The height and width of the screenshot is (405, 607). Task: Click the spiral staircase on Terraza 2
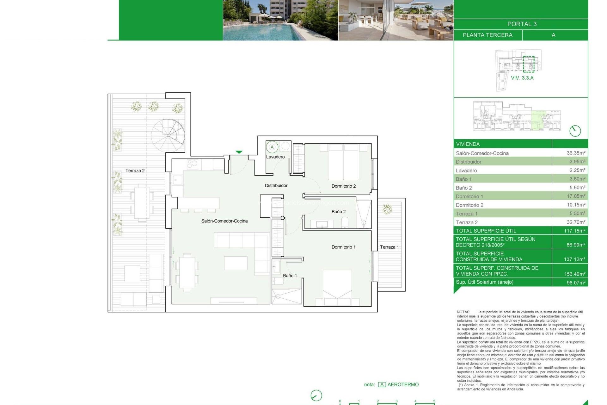168,135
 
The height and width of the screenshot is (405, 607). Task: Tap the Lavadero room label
275,157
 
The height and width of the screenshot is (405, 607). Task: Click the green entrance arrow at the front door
239,152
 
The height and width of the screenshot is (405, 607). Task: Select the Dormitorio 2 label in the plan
343,186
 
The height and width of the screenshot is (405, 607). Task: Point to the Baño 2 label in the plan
338,212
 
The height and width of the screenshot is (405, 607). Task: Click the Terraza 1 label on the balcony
389,247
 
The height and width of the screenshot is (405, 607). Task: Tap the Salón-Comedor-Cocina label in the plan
224,221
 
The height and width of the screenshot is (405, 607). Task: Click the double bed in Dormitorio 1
337,286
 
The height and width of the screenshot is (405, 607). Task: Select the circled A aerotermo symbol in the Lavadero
272,147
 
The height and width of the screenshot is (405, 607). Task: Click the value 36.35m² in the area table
576,153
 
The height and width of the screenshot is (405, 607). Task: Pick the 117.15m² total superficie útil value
574,231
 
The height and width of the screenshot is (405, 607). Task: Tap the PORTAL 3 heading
522,24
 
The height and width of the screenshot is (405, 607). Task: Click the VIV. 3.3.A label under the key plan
522,78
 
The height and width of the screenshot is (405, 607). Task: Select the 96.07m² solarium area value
576,283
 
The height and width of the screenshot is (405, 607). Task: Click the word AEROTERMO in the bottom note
403,384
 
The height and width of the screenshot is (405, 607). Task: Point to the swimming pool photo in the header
280,20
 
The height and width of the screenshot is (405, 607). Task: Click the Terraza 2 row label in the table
467,222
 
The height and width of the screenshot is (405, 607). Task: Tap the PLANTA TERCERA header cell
487,35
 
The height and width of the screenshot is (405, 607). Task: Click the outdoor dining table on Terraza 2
142,202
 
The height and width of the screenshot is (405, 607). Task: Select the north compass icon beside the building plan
575,131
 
